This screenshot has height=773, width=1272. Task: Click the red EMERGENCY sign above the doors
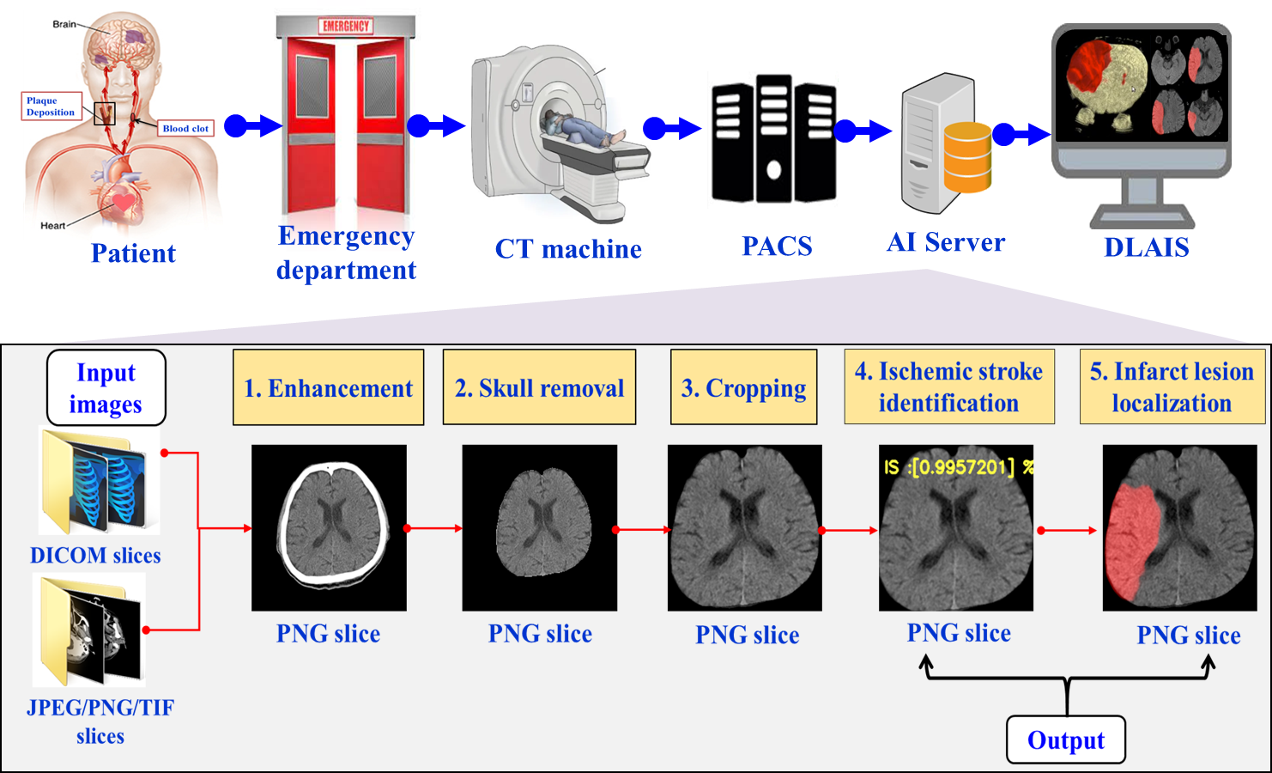pyautogui.click(x=346, y=26)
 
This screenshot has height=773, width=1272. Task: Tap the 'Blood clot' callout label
pyautogui.click(x=185, y=128)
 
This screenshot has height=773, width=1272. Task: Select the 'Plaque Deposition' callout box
pyautogui.click(x=51, y=107)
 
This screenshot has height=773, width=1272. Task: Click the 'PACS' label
pyautogui.click(x=777, y=247)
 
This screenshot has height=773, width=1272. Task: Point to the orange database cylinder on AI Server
pyautogui.click(x=967, y=157)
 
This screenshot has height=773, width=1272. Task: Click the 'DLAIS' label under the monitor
pyautogui.click(x=1146, y=247)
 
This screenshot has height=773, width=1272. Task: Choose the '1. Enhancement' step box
pyautogui.click(x=329, y=387)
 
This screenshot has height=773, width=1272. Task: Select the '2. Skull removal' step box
pyautogui.click(x=539, y=387)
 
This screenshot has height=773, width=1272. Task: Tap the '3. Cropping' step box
pyautogui.click(x=743, y=387)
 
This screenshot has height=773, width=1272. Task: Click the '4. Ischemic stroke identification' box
pyautogui.click(x=949, y=386)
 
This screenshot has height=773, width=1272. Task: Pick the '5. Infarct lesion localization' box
pyautogui.click(x=1172, y=386)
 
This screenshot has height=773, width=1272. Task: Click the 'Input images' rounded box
pyautogui.click(x=106, y=387)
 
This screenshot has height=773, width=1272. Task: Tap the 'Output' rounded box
pyautogui.click(x=1066, y=740)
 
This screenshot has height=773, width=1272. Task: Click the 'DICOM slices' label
pyautogui.click(x=95, y=555)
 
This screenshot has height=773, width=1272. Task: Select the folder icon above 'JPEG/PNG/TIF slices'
pyautogui.click(x=89, y=630)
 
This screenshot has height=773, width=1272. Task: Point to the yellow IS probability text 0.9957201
pyautogui.click(x=958, y=467)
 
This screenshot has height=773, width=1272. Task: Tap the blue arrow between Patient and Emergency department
pyautogui.click(x=252, y=126)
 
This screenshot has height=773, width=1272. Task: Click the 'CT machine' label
pyautogui.click(x=568, y=249)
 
